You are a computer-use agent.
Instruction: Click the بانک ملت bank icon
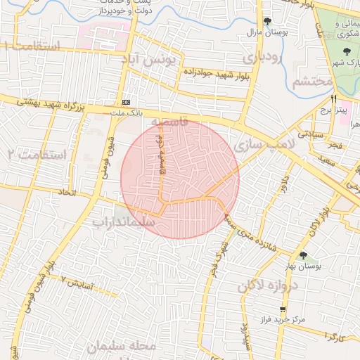click(126, 101)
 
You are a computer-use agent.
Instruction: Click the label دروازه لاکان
click(268, 285)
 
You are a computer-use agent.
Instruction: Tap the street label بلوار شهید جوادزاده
click(203, 72)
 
